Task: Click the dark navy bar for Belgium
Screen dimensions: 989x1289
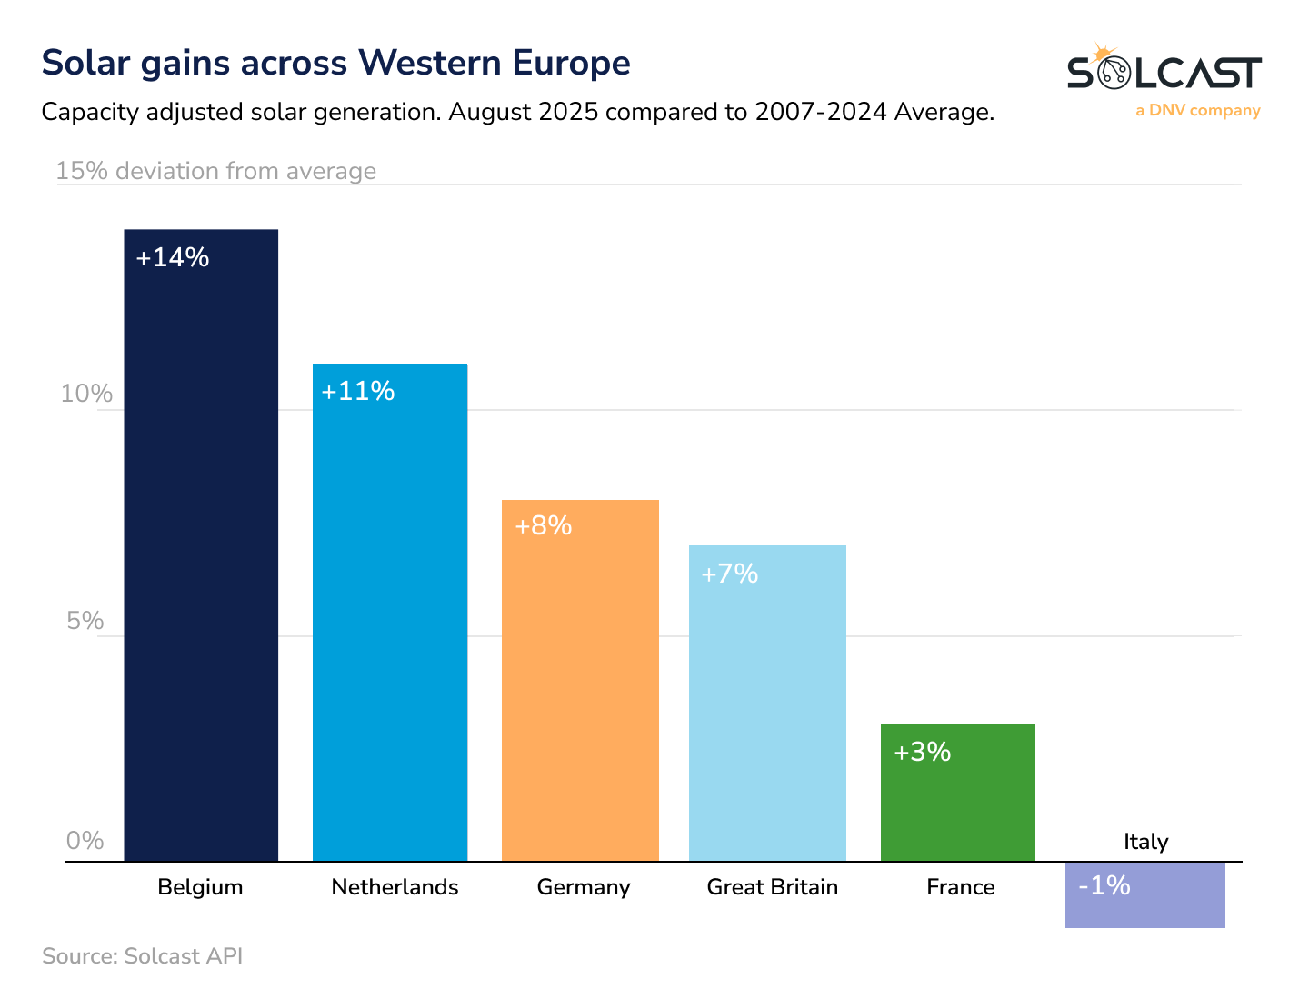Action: pos(201,545)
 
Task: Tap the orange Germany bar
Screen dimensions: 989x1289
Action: pos(580,681)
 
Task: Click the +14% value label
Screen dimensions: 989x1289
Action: pos(173,258)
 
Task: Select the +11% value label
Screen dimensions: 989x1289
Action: pos(358,392)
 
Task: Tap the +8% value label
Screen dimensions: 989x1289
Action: pos(544,526)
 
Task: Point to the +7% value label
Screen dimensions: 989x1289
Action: pos(730,574)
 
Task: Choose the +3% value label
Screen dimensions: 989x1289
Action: pos(923,753)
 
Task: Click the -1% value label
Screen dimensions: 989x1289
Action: pos(1104,885)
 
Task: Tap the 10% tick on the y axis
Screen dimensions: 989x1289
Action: pos(86,394)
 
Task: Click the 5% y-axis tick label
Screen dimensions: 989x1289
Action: pos(85,621)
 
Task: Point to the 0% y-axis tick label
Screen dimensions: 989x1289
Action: pos(85,841)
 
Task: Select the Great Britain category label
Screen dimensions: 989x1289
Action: pos(773,887)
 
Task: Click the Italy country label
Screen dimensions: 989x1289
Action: pos(1145,842)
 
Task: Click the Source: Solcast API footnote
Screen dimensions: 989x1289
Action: pos(143,956)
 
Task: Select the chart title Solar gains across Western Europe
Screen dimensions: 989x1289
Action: pos(336,64)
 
